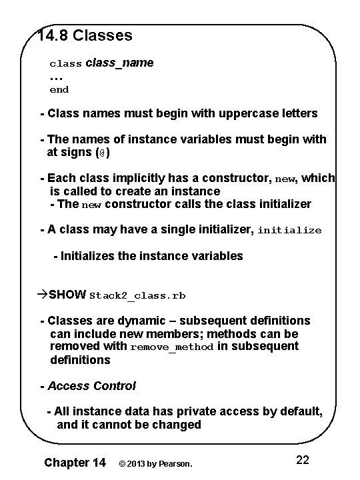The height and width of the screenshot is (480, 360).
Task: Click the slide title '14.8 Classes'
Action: click(85, 35)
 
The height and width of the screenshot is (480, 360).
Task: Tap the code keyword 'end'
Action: click(59, 89)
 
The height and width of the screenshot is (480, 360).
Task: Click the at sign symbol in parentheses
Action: click(100, 153)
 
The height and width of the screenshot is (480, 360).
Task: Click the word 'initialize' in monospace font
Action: click(289, 231)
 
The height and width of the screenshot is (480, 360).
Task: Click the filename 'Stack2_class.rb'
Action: click(138, 295)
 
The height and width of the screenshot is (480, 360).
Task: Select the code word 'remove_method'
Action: click(172, 347)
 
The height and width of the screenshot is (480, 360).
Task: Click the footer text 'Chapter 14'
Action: click(74, 462)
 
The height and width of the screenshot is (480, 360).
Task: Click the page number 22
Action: click(302, 460)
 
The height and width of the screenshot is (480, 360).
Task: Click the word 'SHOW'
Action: click(67, 295)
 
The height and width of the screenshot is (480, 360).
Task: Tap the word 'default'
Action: click(301, 412)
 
